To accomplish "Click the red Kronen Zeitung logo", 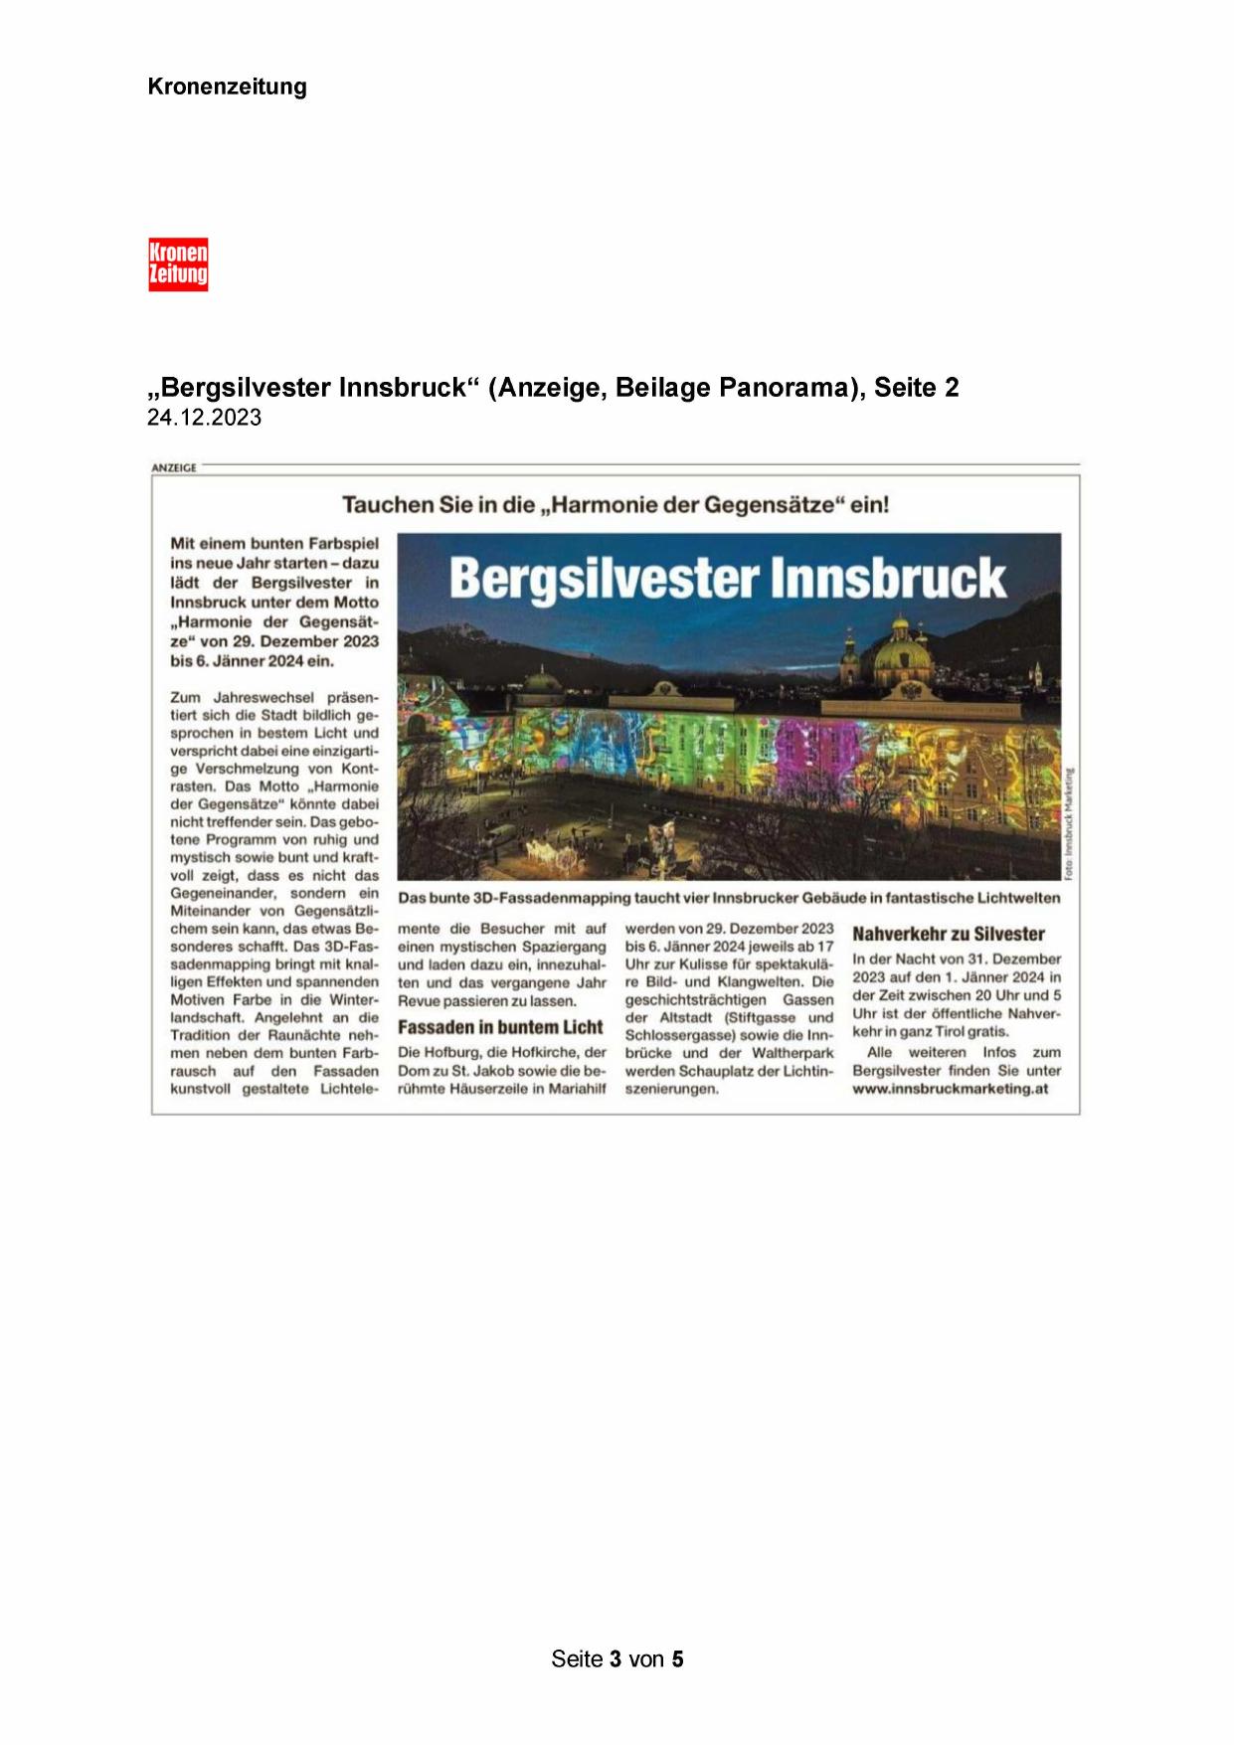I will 178,264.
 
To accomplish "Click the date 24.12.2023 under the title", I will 204,418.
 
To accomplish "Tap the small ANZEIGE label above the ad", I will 174,467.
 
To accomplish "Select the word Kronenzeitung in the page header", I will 227,87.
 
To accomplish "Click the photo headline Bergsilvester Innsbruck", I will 728,578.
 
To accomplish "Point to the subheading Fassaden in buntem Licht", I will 500,1027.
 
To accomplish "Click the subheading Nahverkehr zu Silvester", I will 949,934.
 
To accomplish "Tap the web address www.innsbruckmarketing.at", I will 950,1089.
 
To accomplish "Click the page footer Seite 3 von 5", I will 617,1658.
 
